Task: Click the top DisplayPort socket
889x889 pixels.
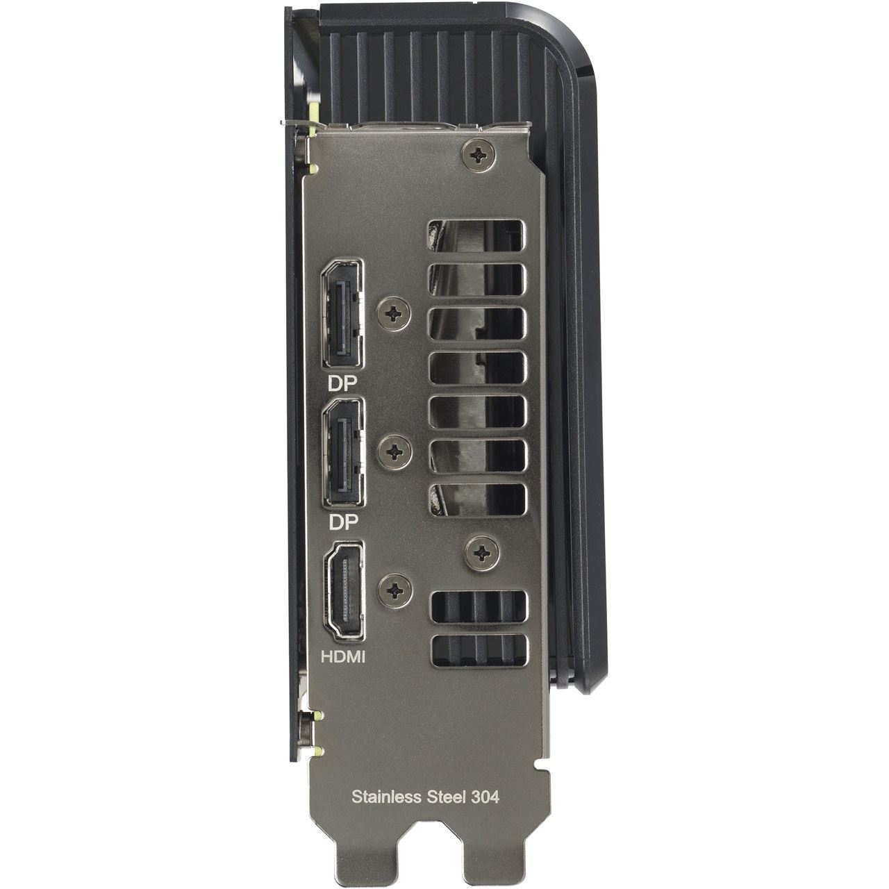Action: pos(342,314)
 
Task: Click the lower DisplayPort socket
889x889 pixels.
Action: pos(342,453)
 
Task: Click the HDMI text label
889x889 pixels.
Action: pos(343,656)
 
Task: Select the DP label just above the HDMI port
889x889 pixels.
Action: pos(342,522)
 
